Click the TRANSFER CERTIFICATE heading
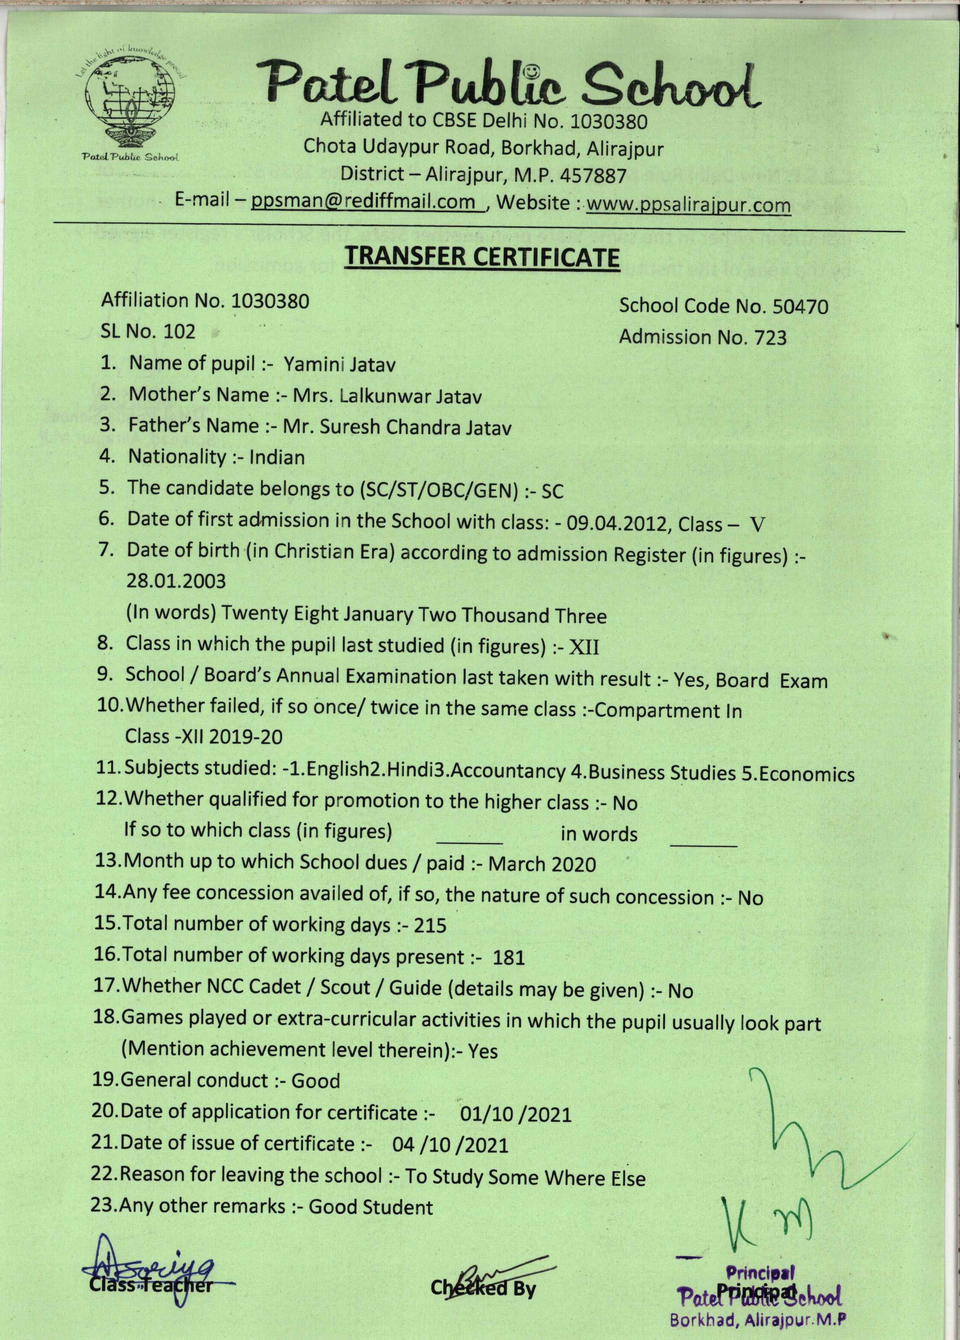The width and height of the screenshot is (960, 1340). coord(482,257)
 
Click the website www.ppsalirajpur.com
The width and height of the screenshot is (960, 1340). coord(689,204)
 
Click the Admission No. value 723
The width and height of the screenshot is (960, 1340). coord(771,337)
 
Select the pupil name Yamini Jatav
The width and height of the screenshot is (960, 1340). coord(339,364)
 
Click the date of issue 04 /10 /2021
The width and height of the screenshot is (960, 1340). coord(450,1146)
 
